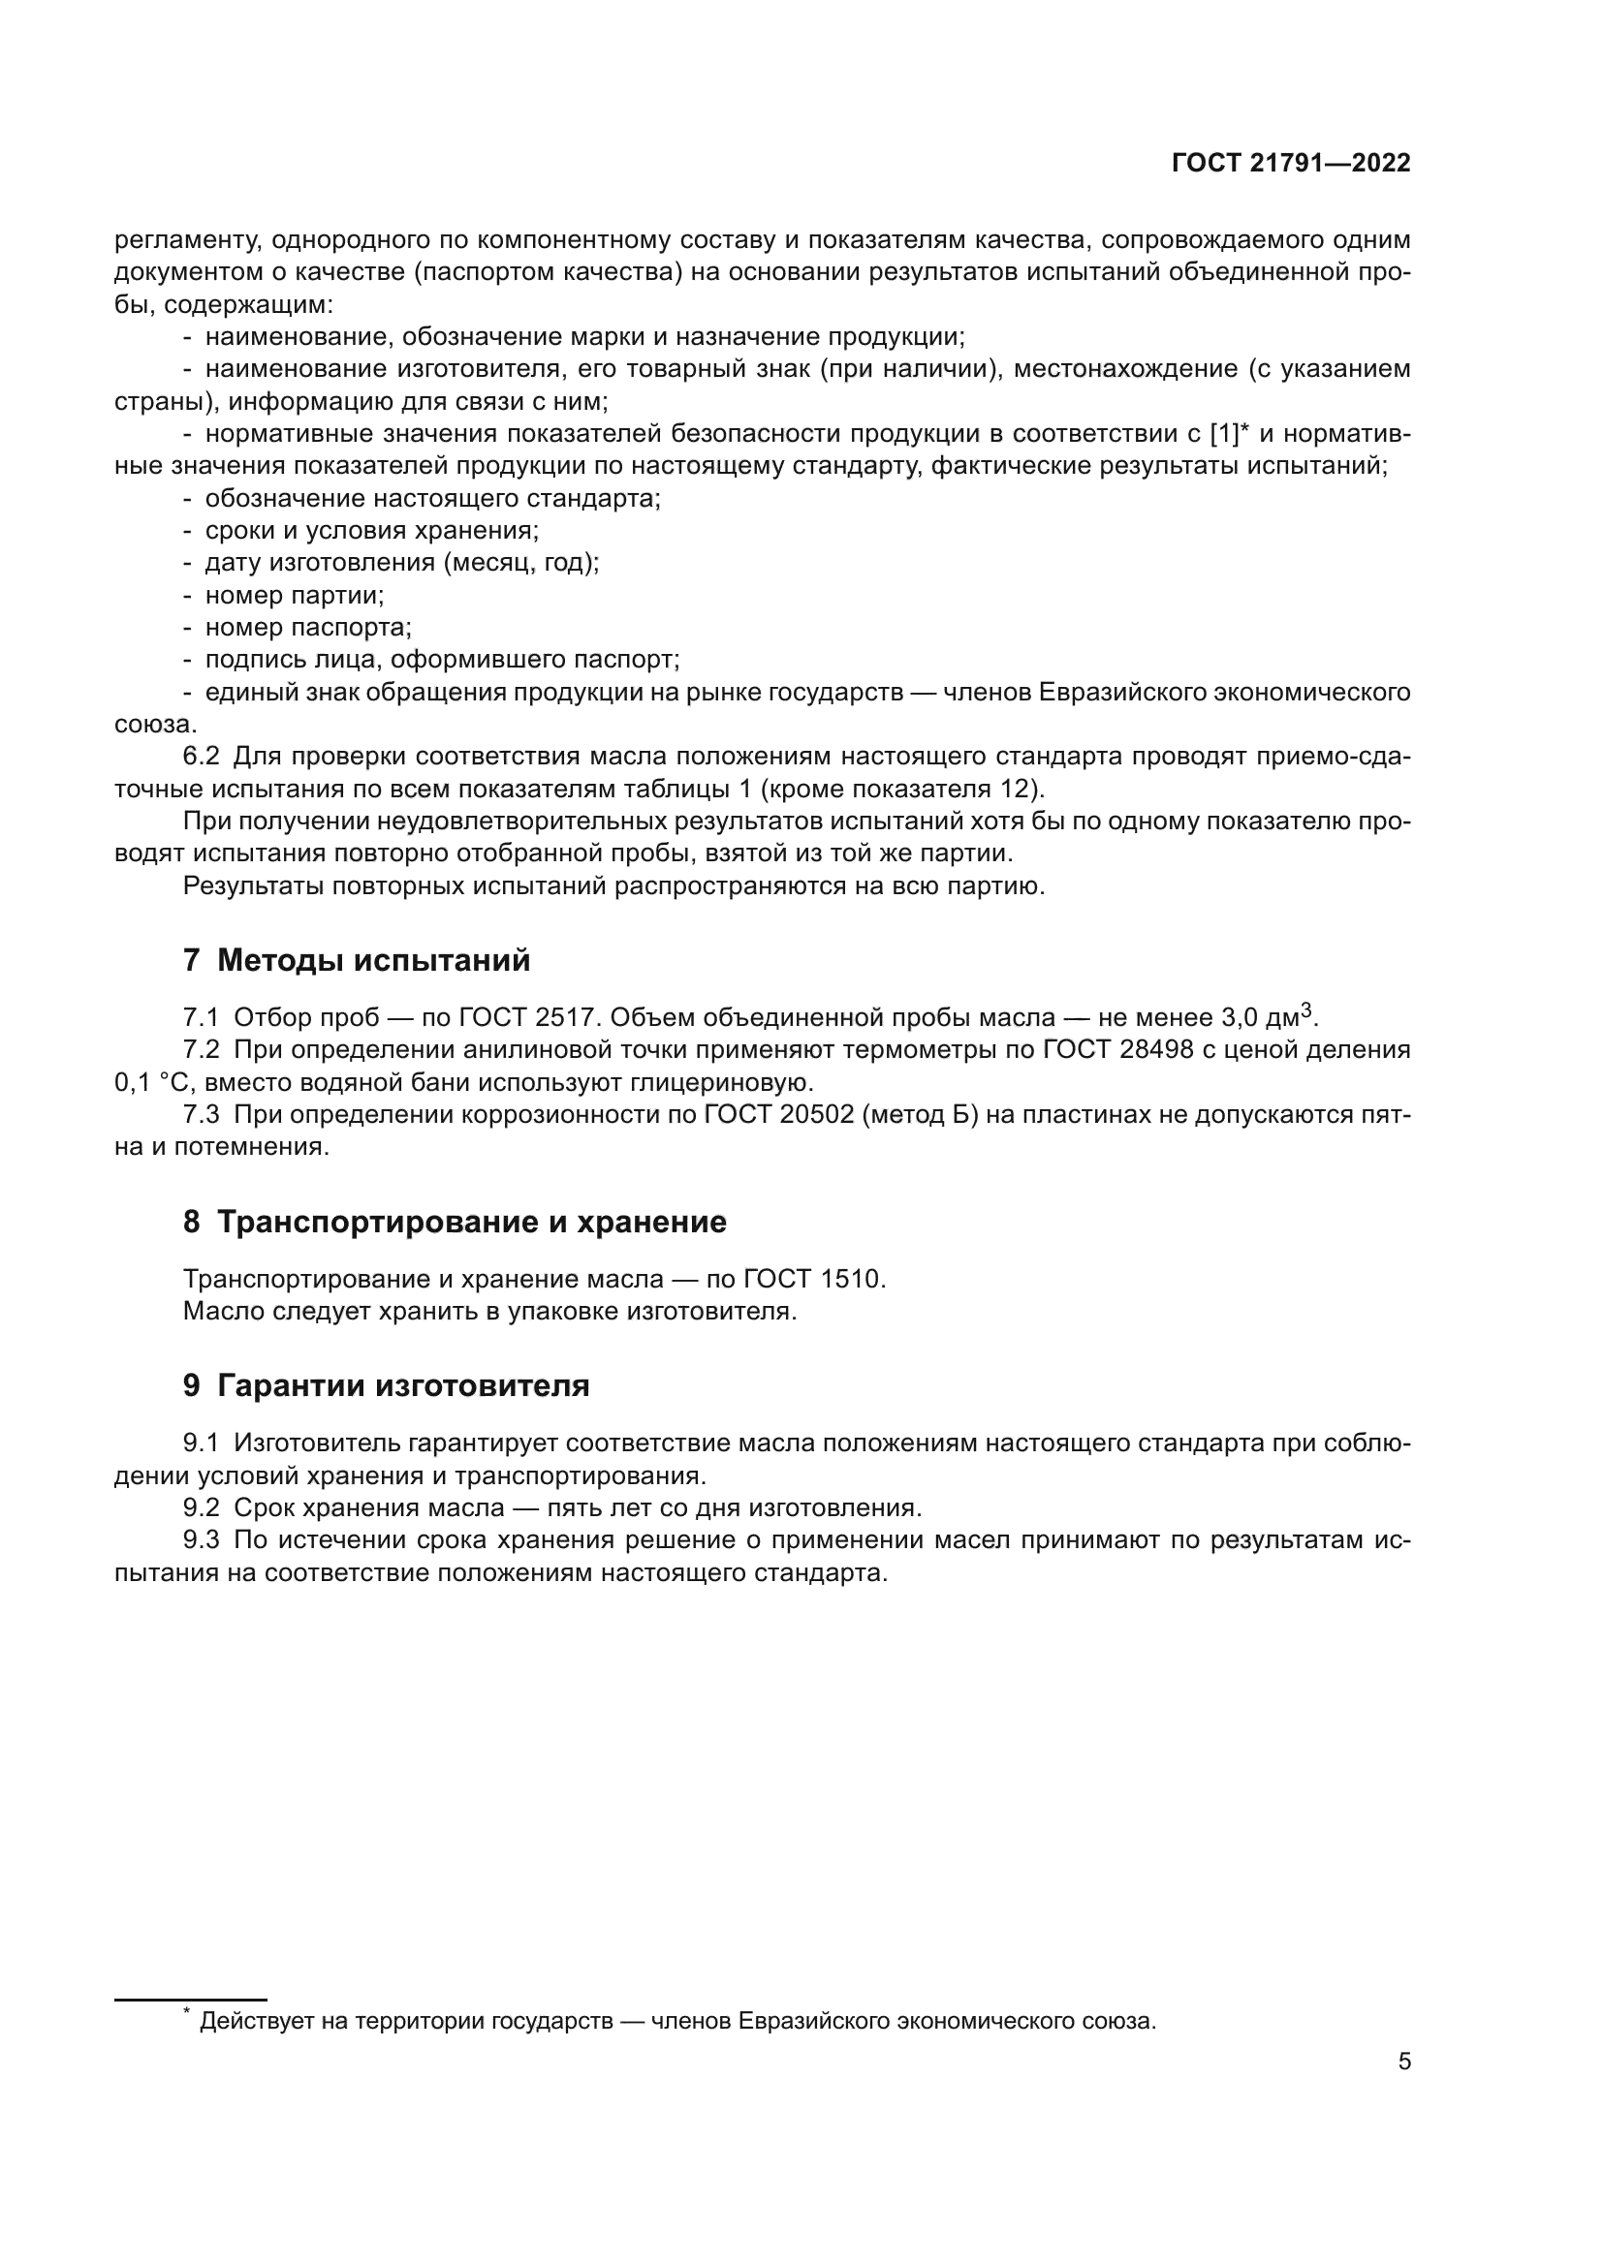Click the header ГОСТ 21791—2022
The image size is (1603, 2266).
tap(1291, 164)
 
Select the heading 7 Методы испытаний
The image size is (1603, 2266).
tap(357, 960)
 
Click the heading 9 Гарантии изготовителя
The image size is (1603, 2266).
tap(386, 1385)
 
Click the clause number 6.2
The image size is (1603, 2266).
tap(202, 757)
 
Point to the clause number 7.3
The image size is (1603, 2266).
tap(202, 1115)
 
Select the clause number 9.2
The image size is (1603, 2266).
tap(202, 1508)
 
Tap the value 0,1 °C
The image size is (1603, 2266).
tap(154, 1083)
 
